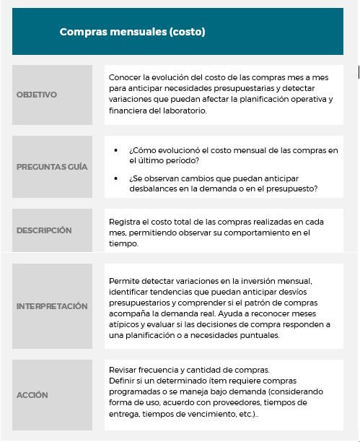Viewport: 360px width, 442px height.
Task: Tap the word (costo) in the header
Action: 188,32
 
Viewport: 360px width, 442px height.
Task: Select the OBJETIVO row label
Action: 36,95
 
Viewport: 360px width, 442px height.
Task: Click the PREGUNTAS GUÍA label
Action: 52,167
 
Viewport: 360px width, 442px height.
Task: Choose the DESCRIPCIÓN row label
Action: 44,230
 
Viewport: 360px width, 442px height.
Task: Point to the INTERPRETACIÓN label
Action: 52,306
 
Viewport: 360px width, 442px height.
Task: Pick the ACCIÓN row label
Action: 32,395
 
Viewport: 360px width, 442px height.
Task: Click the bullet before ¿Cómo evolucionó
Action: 116,150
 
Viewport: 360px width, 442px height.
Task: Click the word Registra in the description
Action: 126,221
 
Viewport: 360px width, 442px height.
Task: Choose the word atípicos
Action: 124,324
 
